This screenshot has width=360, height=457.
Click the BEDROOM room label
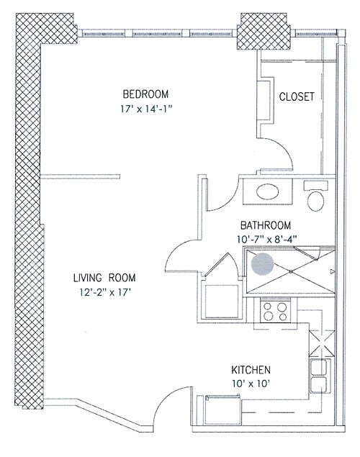click(x=145, y=94)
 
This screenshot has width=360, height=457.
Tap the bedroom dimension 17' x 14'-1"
click(x=147, y=109)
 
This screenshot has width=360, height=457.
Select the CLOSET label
click(x=297, y=96)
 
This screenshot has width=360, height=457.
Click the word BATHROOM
click(x=266, y=225)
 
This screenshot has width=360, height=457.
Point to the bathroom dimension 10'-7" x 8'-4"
click(x=266, y=240)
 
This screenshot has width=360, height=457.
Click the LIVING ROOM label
click(x=104, y=278)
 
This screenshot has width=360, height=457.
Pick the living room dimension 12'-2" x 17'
click(x=104, y=292)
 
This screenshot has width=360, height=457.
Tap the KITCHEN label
click(x=251, y=370)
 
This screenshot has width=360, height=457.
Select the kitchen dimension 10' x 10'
click(x=250, y=384)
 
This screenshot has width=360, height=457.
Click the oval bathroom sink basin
click(x=267, y=191)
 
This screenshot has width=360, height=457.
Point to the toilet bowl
click(x=315, y=201)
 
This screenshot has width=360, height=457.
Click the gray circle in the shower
click(x=263, y=264)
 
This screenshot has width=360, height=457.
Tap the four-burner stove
click(x=275, y=312)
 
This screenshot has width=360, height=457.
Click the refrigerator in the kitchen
click(x=223, y=410)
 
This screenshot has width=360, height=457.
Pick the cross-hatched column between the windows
click(x=264, y=32)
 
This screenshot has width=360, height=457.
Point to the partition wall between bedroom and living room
click(x=81, y=176)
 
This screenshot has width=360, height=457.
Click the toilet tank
click(x=316, y=186)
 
